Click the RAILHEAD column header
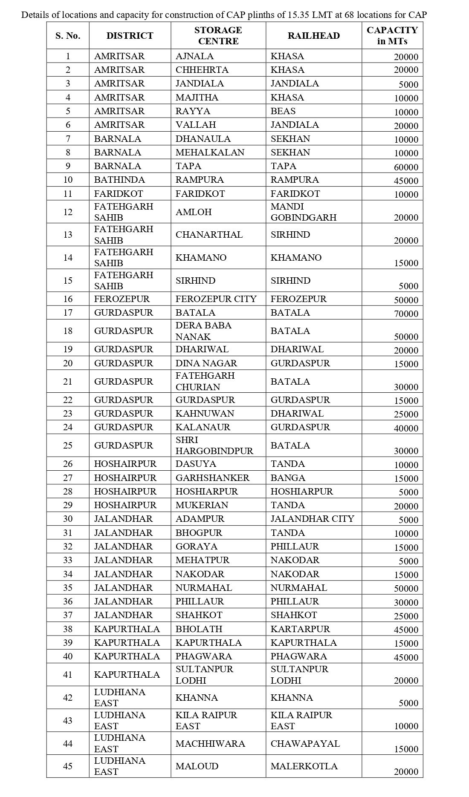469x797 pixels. (x=313, y=36)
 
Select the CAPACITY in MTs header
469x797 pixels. (x=392, y=36)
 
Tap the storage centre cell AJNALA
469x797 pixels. (x=194, y=56)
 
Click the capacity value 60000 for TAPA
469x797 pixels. (x=405, y=167)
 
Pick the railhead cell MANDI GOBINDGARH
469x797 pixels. (x=303, y=212)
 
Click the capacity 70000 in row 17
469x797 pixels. (x=405, y=314)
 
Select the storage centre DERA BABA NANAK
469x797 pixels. (x=203, y=331)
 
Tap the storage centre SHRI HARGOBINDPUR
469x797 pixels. (x=214, y=446)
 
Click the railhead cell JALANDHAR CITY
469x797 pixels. (x=312, y=519)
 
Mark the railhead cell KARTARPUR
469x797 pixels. (x=300, y=629)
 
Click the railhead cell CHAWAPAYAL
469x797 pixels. (x=305, y=744)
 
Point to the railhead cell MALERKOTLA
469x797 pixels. (x=304, y=766)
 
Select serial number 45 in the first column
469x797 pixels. (x=68, y=766)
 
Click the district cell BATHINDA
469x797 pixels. (x=119, y=180)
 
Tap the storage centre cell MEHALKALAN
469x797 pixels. (x=210, y=152)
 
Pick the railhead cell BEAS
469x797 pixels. (x=283, y=111)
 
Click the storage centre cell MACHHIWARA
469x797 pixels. (x=210, y=744)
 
